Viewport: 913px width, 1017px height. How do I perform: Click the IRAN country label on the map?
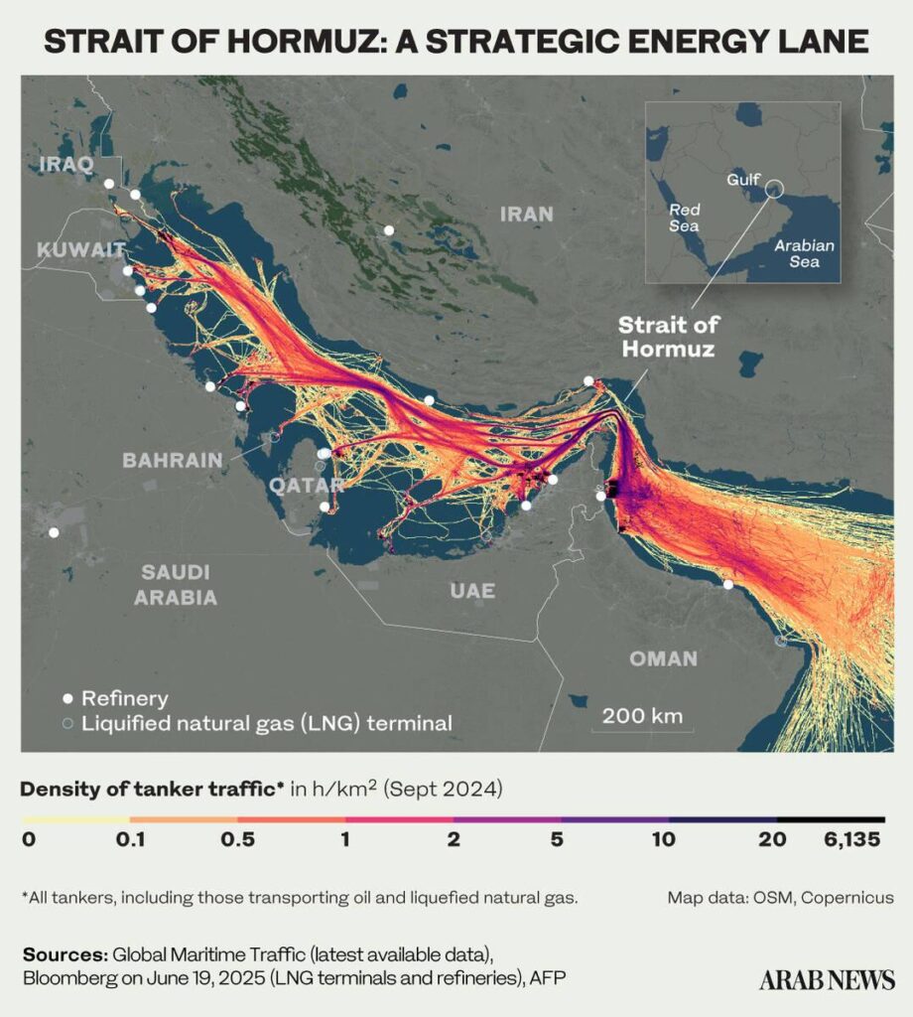point(526,215)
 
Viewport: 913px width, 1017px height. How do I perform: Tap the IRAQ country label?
point(65,164)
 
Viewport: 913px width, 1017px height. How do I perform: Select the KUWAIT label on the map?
point(81,249)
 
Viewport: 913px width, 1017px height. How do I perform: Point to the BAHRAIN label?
point(172,461)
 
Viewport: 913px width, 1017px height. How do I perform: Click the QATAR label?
point(307,486)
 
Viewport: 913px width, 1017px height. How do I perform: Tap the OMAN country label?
point(663,658)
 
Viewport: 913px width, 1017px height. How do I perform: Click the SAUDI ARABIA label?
point(176,585)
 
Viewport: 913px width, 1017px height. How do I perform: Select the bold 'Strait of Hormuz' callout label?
point(668,337)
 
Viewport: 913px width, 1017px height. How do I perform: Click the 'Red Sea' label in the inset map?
point(684,218)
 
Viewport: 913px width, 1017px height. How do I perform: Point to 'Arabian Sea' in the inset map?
point(804,253)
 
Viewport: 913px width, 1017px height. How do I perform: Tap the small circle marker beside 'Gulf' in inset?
point(775,188)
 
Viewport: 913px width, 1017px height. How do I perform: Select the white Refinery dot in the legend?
point(67,698)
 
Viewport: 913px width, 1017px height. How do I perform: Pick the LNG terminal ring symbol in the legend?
point(67,724)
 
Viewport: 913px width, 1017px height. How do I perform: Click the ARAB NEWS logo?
point(827,979)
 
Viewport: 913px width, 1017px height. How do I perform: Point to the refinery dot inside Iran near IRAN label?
point(389,229)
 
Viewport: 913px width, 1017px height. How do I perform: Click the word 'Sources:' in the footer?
point(65,954)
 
